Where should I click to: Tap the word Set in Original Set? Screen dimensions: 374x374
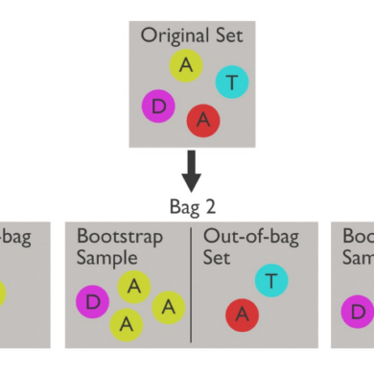tap(224, 35)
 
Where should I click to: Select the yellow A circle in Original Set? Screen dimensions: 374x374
tap(185, 65)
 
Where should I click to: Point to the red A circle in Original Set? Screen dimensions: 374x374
tap(203, 119)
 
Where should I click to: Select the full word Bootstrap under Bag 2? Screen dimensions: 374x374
tap(119, 236)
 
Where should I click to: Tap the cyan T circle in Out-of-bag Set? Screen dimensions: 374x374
tap(271, 281)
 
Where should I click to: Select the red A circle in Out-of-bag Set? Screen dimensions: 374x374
tap(242, 315)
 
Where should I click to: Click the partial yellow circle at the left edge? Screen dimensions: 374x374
tap(4, 292)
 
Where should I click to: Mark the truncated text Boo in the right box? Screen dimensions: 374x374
tap(358, 236)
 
